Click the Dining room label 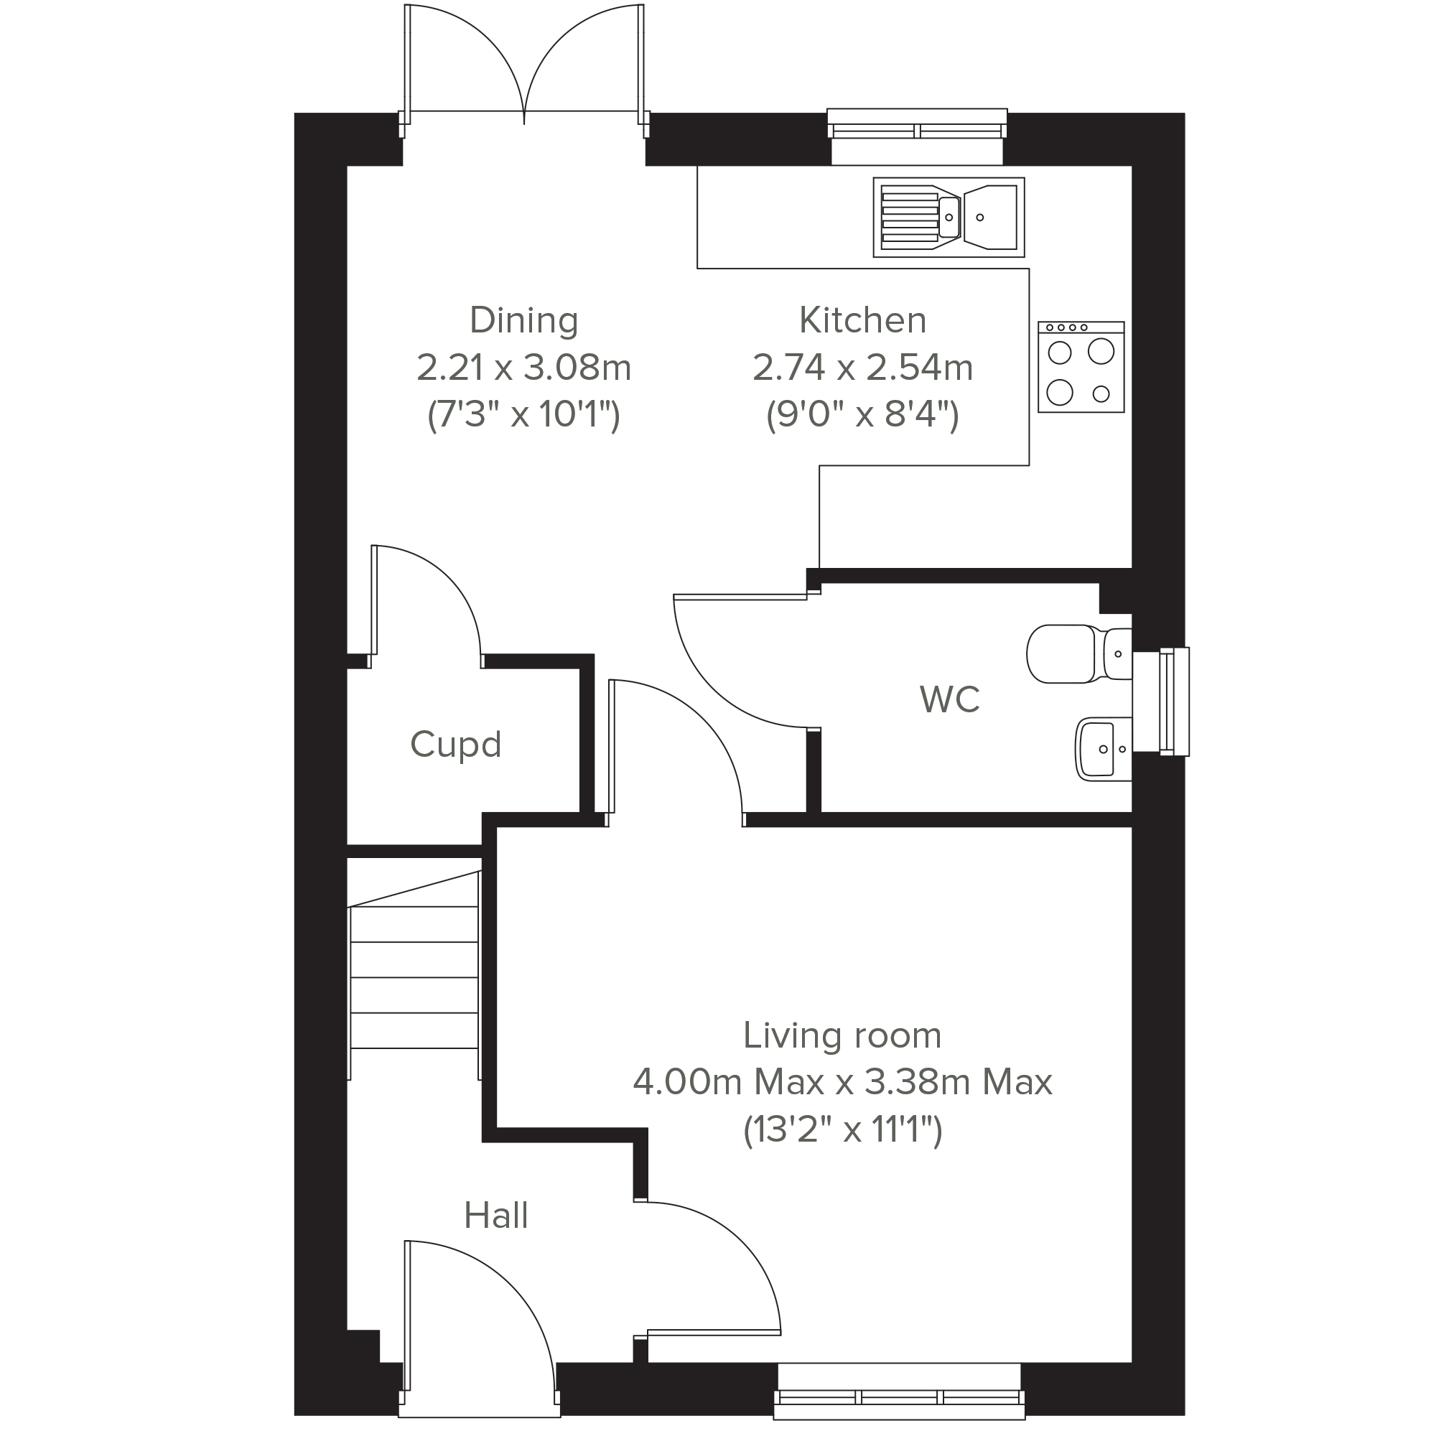pos(524,322)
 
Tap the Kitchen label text pos(862,321)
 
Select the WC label pos(950,700)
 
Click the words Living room pos(842,1035)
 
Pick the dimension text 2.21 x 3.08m pos(524,368)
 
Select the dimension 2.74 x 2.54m pos(862,368)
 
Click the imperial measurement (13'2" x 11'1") pos(843,1129)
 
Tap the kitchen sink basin pos(990,218)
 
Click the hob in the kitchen pos(1081,367)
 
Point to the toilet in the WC pos(1078,654)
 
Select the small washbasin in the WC pos(1104,749)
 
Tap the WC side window pos(1173,702)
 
